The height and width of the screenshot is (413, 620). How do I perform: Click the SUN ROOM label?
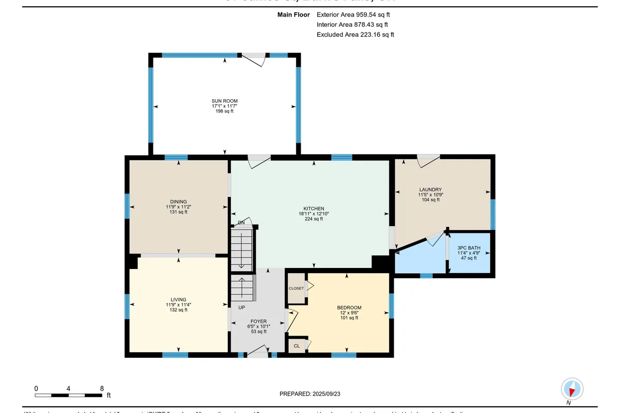(x=225, y=101)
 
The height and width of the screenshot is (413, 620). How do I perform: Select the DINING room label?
(x=178, y=202)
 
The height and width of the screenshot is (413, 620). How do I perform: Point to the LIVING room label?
(x=178, y=300)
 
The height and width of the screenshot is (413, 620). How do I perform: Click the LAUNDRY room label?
(x=430, y=189)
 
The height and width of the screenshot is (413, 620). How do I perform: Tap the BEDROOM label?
(x=349, y=308)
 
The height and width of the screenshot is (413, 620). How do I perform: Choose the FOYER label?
(x=258, y=321)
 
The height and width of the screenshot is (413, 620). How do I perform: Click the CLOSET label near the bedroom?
(x=296, y=289)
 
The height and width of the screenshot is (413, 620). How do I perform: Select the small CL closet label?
(x=297, y=346)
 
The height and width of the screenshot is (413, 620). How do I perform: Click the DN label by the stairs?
(x=241, y=223)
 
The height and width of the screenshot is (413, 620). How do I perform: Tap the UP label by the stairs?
(x=241, y=308)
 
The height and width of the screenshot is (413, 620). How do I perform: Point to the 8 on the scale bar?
(x=102, y=388)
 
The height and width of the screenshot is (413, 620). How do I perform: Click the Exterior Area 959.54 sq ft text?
(x=353, y=15)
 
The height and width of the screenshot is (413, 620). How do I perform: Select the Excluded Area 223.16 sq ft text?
(x=355, y=35)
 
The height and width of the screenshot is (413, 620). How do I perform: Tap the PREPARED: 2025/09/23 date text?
(x=309, y=393)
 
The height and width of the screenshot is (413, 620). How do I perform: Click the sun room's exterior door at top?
(x=254, y=58)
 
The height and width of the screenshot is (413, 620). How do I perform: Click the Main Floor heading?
(x=293, y=15)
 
